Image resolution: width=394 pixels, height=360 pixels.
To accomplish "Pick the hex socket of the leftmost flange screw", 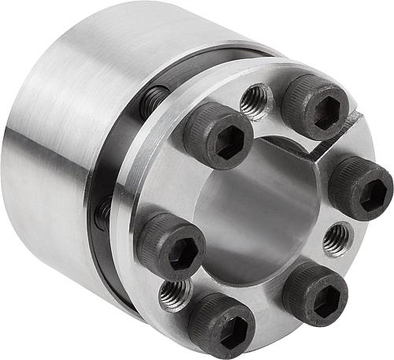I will click(x=179, y=254).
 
